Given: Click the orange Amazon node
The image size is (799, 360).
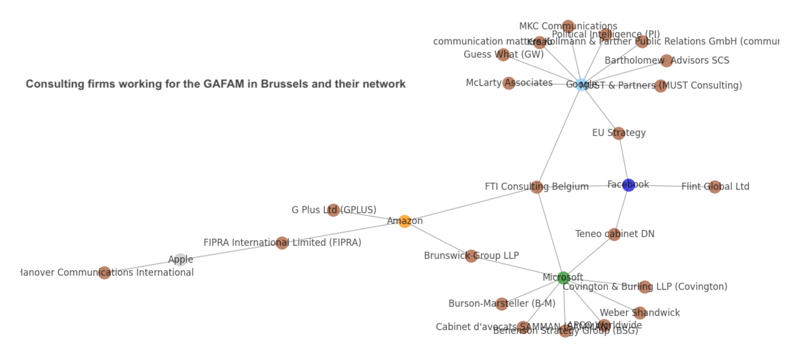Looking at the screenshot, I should [404, 221].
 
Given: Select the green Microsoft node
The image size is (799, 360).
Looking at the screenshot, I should [564, 278].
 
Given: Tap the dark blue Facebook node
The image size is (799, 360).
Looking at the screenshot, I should [629, 185].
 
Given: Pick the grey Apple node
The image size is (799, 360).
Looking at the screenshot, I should [180, 260].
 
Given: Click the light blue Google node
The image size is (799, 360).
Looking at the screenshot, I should [582, 84].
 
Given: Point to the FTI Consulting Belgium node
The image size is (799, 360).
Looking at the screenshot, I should [536, 187].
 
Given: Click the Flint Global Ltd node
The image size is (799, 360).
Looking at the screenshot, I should [715, 187].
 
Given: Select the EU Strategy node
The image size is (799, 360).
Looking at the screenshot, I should [619, 133].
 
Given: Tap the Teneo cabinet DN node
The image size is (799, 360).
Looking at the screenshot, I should [614, 234].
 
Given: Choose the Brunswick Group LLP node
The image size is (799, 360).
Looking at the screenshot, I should [471, 256].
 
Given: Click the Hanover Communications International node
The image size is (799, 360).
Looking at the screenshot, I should [104, 273].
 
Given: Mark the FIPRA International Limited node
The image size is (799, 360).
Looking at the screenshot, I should [282, 243].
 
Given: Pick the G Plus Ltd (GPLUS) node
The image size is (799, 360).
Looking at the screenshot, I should [333, 210].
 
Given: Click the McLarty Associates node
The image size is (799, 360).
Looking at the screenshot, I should [509, 83].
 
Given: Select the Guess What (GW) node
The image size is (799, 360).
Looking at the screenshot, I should [503, 55].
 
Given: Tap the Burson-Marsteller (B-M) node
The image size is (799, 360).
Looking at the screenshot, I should [501, 304].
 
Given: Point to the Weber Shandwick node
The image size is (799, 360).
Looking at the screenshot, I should [640, 313].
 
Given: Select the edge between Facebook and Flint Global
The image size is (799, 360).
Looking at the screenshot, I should [671, 186].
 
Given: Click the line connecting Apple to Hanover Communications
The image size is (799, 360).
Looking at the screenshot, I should [142, 266].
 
